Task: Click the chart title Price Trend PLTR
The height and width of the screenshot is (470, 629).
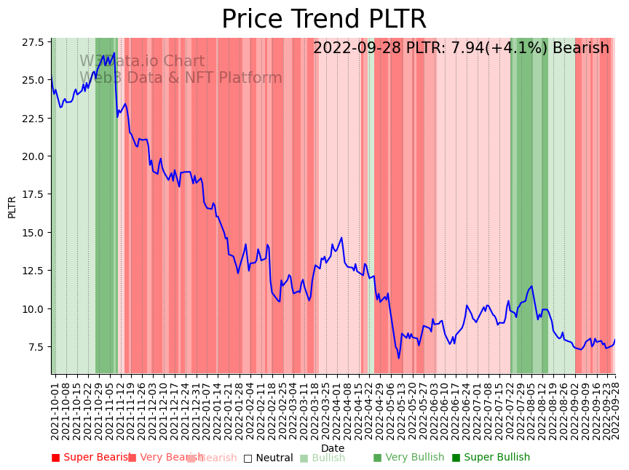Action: click(x=324, y=20)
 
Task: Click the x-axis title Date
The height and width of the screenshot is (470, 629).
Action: click(x=333, y=448)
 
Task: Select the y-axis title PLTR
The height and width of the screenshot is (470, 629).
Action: click(x=12, y=207)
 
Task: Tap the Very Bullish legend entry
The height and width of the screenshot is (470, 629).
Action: click(x=408, y=458)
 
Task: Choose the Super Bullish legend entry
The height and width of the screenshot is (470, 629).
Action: click(x=491, y=458)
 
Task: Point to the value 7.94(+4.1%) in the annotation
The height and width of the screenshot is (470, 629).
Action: click(x=493, y=49)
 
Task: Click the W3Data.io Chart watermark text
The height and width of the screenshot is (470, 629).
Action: click(x=142, y=62)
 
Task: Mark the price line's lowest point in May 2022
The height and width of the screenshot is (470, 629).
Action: click(x=398, y=358)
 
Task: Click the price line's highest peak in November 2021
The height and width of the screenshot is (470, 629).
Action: click(x=114, y=52)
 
